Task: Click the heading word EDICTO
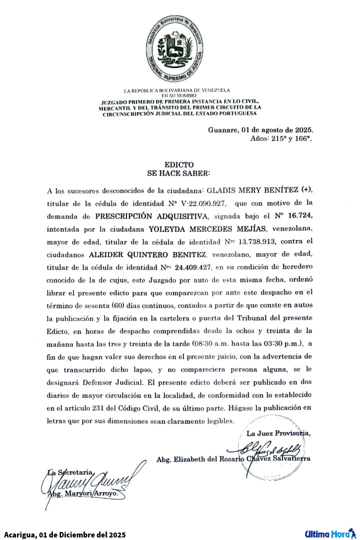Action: pos(178,165)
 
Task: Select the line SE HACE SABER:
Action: pos(178,173)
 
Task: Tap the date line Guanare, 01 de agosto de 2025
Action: pos(260,130)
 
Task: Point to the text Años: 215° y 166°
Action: pos(281,138)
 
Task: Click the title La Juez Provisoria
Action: pos(278,433)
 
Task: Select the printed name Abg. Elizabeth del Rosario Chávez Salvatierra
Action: pos(233,458)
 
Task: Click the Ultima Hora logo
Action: pos(330,533)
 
